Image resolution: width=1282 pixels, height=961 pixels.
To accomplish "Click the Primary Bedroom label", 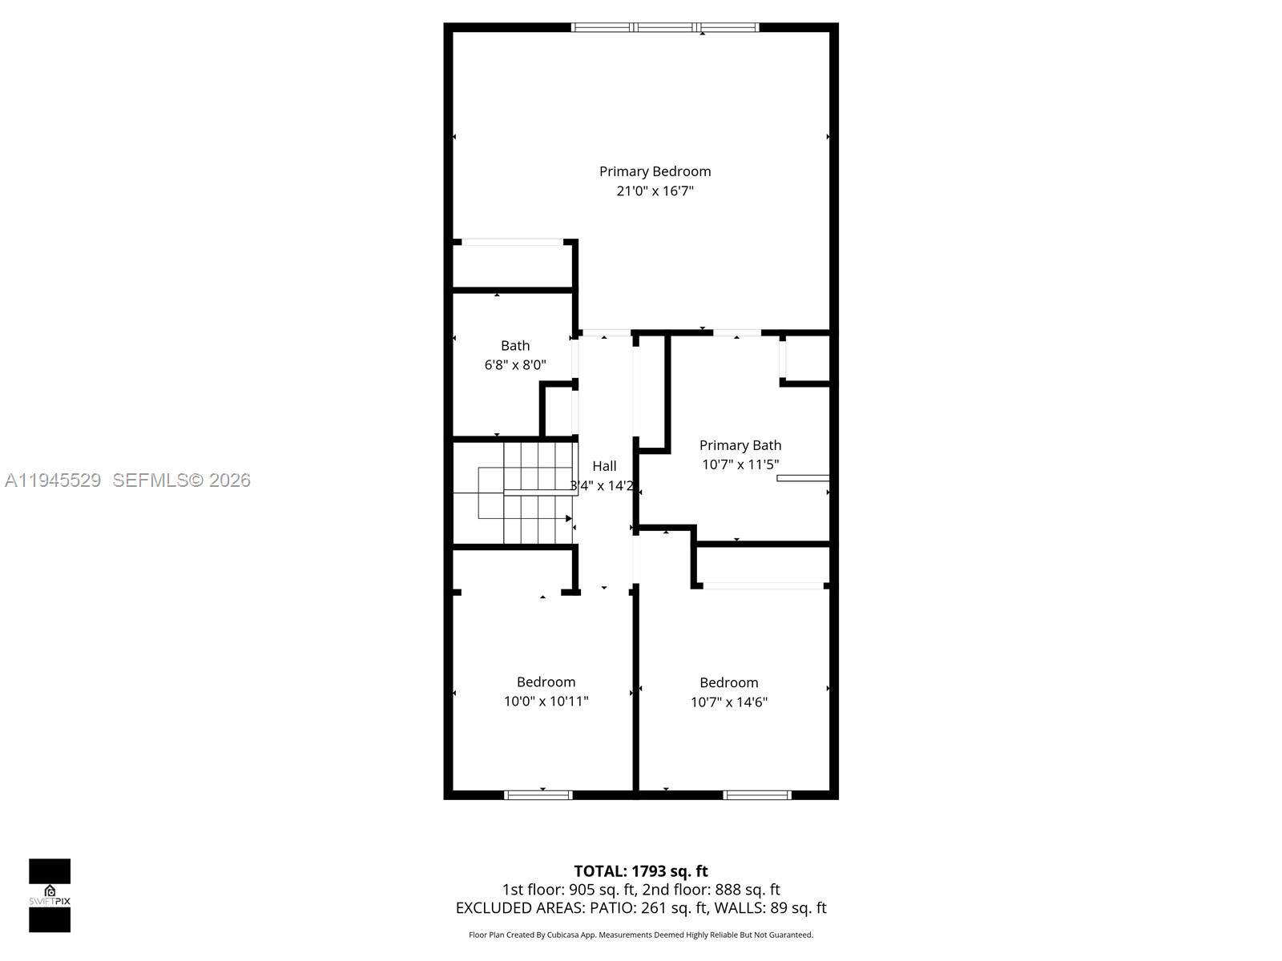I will (x=655, y=171).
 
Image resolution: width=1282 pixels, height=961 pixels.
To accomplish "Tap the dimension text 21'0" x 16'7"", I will (x=655, y=191).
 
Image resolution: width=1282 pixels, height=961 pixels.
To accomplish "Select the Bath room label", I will (x=515, y=346).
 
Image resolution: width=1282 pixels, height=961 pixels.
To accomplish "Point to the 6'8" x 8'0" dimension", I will (x=515, y=365).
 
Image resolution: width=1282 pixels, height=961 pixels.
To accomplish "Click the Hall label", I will (x=604, y=466).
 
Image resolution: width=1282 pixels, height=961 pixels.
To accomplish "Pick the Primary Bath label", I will (x=740, y=445).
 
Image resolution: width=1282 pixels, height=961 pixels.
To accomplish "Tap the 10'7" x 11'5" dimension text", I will (x=740, y=464).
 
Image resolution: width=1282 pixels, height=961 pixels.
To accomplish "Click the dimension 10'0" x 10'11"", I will (x=546, y=702).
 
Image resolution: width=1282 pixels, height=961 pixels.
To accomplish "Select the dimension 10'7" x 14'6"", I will (x=729, y=702).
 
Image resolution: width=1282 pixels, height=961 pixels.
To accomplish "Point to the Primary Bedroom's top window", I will (x=665, y=27).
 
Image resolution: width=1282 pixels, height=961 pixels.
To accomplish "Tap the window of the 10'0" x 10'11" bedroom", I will (x=538, y=795).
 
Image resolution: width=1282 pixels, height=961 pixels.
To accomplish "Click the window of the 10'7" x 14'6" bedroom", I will (x=757, y=795).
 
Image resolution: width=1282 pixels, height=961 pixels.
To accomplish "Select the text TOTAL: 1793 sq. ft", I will (x=641, y=871).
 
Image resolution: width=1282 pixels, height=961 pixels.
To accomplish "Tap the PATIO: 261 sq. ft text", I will (x=648, y=908).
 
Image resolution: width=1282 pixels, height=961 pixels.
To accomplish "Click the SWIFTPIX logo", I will (x=50, y=895).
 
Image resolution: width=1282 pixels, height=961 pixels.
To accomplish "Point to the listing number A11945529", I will (x=53, y=480).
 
